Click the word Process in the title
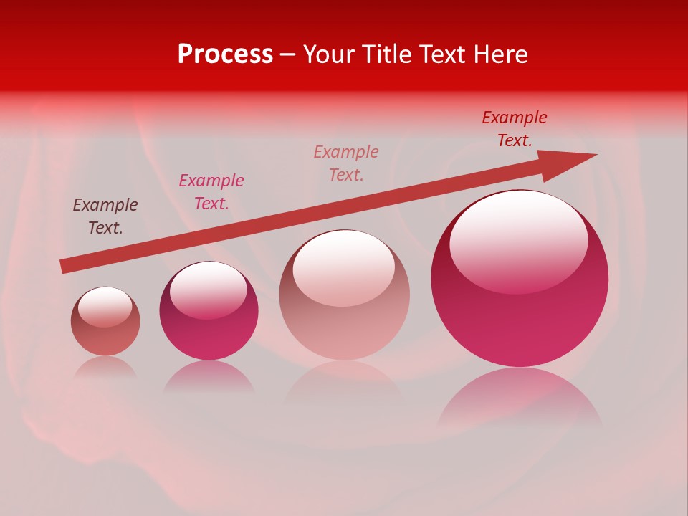tap(225, 54)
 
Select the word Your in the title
tap(328, 54)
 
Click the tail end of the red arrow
tap(63, 267)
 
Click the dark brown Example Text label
tap(105, 216)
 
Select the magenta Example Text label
tap(211, 192)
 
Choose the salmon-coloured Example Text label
tap(346, 163)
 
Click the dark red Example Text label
tap(515, 129)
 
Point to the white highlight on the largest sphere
tap(518, 240)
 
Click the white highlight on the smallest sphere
tap(105, 306)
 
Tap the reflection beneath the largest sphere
tap(520, 398)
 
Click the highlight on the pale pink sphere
tap(344, 267)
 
